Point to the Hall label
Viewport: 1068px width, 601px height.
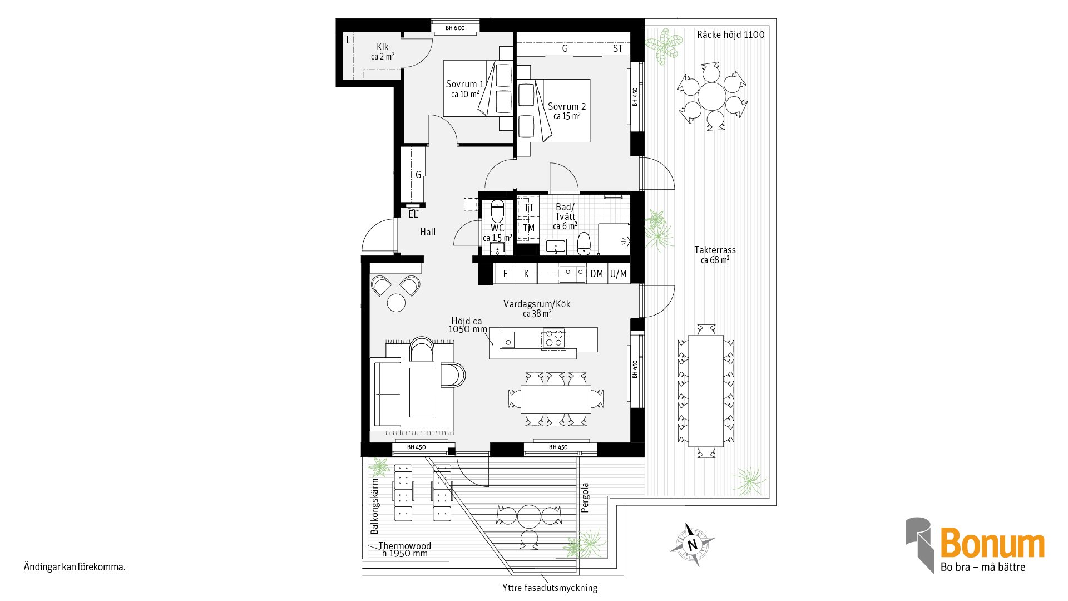[x=428, y=232]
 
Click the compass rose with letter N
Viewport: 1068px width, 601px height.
[x=692, y=545]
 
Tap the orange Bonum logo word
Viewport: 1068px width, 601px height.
[x=992, y=543]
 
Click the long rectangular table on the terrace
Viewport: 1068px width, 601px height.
[x=706, y=391]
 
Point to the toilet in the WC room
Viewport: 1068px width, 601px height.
[x=497, y=211]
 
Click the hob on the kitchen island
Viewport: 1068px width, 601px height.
[x=553, y=338]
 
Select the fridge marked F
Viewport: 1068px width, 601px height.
[x=505, y=274]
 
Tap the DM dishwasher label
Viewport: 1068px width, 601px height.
[x=596, y=274]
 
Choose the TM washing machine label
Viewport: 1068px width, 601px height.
[x=528, y=228]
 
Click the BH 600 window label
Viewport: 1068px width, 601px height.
[x=455, y=28]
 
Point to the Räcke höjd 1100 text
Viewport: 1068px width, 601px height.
[x=730, y=35]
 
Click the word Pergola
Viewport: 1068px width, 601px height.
[x=585, y=497]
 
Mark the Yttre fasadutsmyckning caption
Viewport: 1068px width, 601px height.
[x=550, y=588]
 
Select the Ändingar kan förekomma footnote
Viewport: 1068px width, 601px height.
[x=75, y=567]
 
